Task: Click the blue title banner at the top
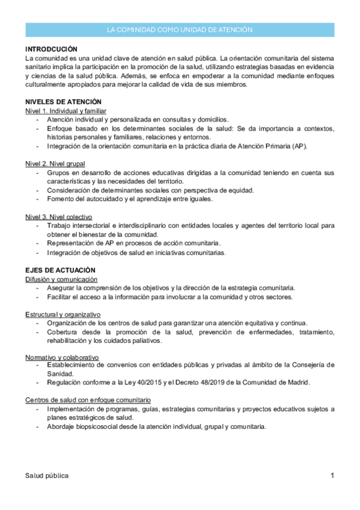point(180,29)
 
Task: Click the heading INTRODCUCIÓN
point(52,49)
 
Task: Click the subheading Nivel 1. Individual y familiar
point(66,111)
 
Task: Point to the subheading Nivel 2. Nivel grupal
point(55,164)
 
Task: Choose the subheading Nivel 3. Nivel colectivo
point(58,216)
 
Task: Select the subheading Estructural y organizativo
point(63,315)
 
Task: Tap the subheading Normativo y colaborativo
point(62,357)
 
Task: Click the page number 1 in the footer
point(332,476)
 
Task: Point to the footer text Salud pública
point(47,476)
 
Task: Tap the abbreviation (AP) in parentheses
point(299,146)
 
